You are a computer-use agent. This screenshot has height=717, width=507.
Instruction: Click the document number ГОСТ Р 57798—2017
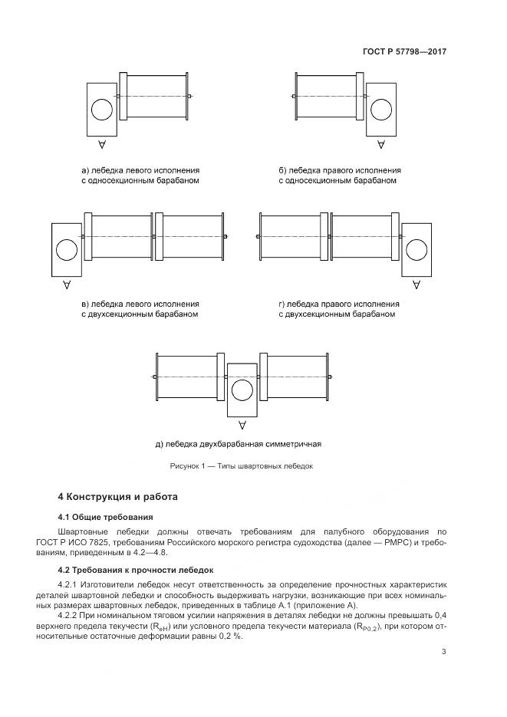coord(404,52)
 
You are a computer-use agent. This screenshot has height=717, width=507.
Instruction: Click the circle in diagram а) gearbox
coord(101,110)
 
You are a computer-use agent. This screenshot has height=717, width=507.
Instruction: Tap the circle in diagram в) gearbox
coord(66,250)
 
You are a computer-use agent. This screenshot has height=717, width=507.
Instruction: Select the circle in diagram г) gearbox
coord(416,250)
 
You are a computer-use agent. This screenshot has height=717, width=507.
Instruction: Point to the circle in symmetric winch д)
coord(242,390)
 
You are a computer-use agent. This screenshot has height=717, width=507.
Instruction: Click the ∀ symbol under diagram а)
coord(101,144)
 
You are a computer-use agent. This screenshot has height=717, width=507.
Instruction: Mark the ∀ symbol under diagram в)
coord(67,284)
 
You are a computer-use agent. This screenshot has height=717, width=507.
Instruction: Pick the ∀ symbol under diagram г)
coord(416,284)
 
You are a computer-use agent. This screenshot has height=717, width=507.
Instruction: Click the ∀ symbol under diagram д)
coord(242,424)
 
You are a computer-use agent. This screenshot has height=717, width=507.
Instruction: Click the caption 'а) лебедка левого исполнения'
coord(140,170)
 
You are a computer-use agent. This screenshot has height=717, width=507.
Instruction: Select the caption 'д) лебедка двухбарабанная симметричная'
coord(237,444)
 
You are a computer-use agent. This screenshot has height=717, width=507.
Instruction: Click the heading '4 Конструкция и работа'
coord(117,497)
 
